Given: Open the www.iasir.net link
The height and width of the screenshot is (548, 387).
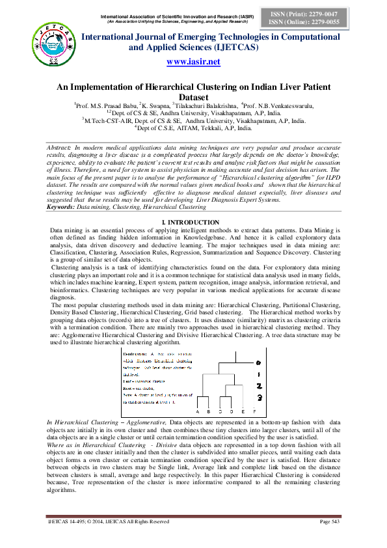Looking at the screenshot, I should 194,62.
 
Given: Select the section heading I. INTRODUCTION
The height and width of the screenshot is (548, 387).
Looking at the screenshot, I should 194,204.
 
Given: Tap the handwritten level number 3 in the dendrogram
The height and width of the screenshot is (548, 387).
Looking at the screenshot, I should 258,397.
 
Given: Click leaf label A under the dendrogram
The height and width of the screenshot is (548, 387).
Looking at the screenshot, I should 198,412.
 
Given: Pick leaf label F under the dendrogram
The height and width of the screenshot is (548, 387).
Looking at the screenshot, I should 254,412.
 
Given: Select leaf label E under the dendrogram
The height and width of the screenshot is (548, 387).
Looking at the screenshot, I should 243,412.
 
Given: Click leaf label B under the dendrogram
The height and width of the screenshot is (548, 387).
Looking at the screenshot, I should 209,412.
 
